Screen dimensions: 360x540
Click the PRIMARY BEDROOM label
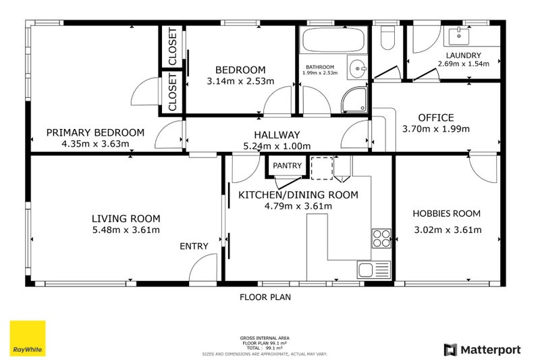pyautogui.click(x=94, y=132)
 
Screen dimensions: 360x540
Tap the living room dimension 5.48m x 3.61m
pyautogui.click(x=126, y=230)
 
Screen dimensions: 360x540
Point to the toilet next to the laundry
pyautogui.click(x=388, y=39)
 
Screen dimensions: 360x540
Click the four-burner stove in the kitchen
pyautogui.click(x=381, y=238)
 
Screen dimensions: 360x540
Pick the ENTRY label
pyautogui.click(x=194, y=247)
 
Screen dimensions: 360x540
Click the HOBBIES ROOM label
pyautogui.click(x=446, y=213)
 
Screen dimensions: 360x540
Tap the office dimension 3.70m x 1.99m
pyautogui.click(x=435, y=129)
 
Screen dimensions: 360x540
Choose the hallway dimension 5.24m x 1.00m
pyautogui.click(x=277, y=146)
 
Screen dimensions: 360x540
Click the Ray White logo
pyautogui.click(x=27, y=338)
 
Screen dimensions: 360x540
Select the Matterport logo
pyautogui.click(x=482, y=349)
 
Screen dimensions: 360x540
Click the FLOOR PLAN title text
pyautogui.click(x=266, y=297)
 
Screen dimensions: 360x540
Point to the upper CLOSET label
pyautogui.click(x=172, y=47)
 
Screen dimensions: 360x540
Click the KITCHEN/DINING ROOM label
pyautogui.click(x=298, y=195)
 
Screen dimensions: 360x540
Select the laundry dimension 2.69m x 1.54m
pyautogui.click(x=463, y=64)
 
